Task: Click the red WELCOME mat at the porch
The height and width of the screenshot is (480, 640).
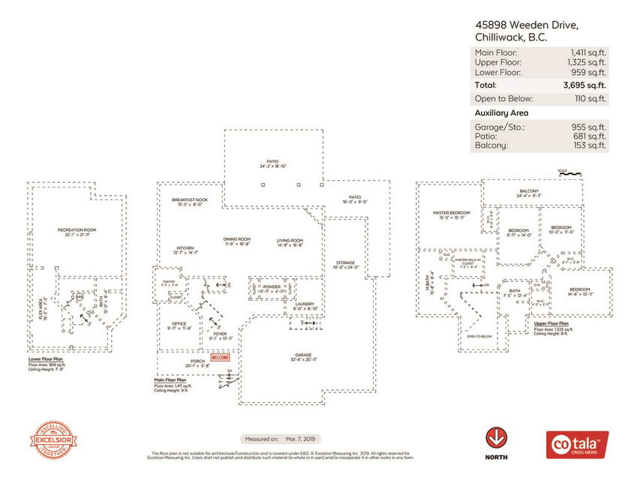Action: point(220,358)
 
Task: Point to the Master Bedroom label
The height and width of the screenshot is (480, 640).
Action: point(450,213)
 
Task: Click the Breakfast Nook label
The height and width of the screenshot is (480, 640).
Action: point(189,199)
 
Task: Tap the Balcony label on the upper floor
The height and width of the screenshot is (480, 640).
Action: point(529,191)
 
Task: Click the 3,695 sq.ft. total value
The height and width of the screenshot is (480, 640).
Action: point(584,85)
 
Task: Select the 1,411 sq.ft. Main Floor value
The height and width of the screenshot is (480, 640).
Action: point(588,52)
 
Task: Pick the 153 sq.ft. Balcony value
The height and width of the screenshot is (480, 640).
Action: point(590,145)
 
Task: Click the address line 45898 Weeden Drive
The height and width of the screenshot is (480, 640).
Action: point(526,25)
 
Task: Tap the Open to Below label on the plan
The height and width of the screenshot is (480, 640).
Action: point(479,337)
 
